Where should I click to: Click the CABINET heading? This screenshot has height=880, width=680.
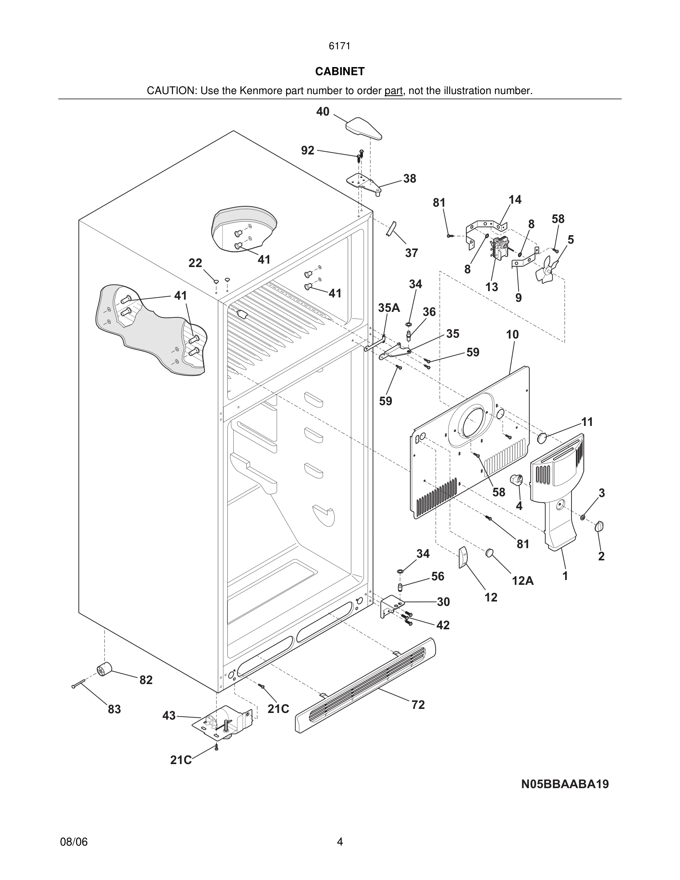[x=340, y=71]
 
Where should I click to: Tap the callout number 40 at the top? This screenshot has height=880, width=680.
[x=323, y=111]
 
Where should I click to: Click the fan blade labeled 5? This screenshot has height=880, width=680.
[x=547, y=270]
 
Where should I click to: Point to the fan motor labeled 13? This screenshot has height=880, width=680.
[x=499, y=248]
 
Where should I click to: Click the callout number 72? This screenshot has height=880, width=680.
[x=418, y=705]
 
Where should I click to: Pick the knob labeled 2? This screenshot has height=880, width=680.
[x=599, y=526]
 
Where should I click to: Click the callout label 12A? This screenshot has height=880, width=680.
[x=523, y=581]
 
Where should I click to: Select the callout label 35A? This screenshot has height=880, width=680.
[x=389, y=308]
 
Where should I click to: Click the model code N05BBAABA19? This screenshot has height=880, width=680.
[x=565, y=784]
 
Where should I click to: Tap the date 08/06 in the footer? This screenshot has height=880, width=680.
[x=74, y=842]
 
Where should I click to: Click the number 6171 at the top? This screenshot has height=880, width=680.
[x=340, y=46]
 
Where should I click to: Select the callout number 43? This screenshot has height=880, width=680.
[x=169, y=716]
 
